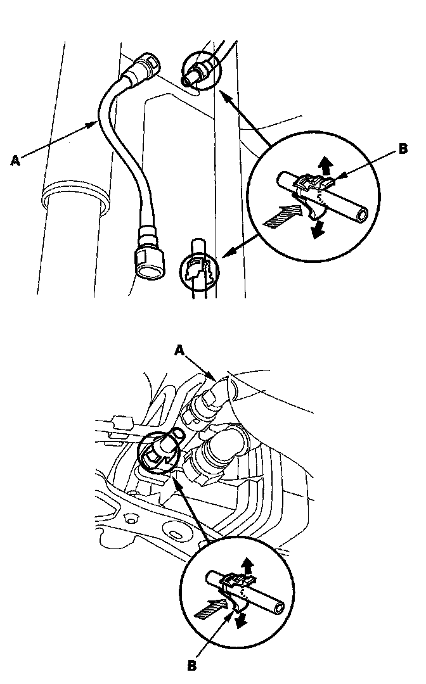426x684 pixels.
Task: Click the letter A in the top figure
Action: [15, 161]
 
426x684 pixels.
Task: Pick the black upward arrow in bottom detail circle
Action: [247, 564]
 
